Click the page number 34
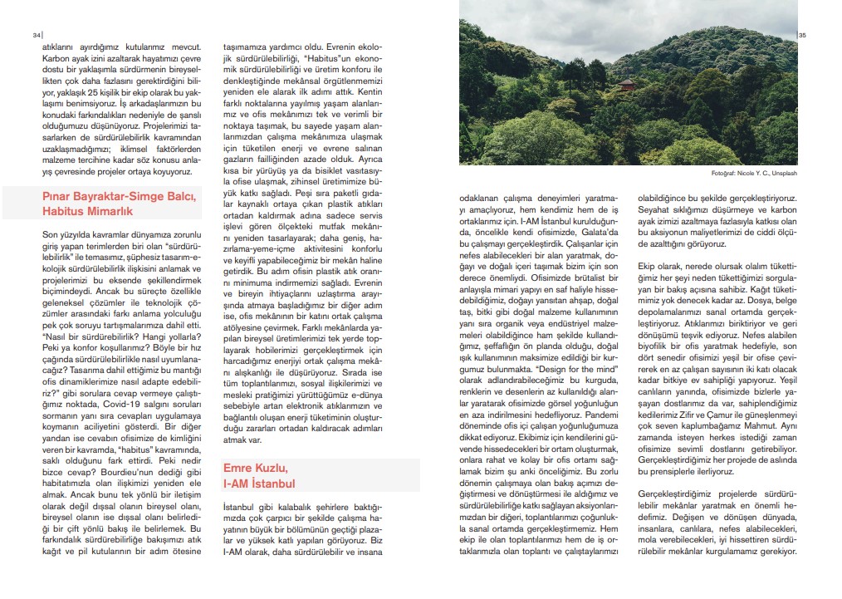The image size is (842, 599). tap(36, 36)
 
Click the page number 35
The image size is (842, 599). tap(803, 36)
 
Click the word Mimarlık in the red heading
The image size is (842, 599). tap(111, 213)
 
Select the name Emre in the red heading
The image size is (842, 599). tap(239, 468)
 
